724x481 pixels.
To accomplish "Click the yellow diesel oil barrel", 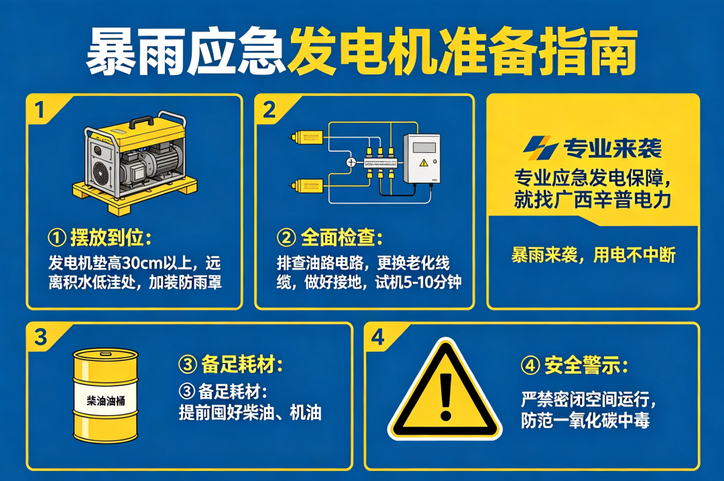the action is (106, 395).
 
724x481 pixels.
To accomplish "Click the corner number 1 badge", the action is (40, 110).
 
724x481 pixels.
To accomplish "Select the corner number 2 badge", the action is (269, 110).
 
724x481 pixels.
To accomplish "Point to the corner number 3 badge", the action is (41, 337).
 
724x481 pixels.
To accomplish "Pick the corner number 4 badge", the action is (377, 337).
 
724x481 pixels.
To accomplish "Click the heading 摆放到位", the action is (111, 237).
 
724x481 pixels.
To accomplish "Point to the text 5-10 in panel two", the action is (417, 282).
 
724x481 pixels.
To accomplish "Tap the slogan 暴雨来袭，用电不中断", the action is (593, 255).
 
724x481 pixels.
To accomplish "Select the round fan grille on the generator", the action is (101, 172).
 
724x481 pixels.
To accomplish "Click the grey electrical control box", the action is (422, 158).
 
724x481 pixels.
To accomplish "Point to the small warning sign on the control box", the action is (424, 162).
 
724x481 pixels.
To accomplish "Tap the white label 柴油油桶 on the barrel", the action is (106, 400).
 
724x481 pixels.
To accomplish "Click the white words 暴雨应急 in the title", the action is (185, 51).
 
